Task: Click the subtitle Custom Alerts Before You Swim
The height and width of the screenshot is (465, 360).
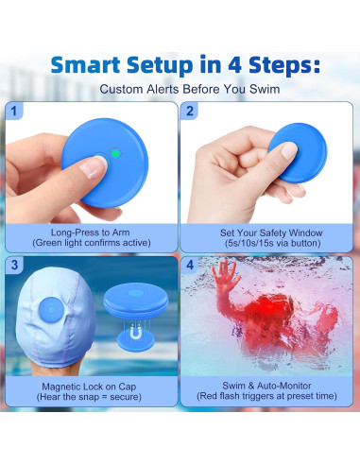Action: coord(180,90)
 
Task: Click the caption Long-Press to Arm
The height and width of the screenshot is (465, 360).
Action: coord(90,231)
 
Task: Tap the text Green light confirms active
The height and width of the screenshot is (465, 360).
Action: coord(90,243)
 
